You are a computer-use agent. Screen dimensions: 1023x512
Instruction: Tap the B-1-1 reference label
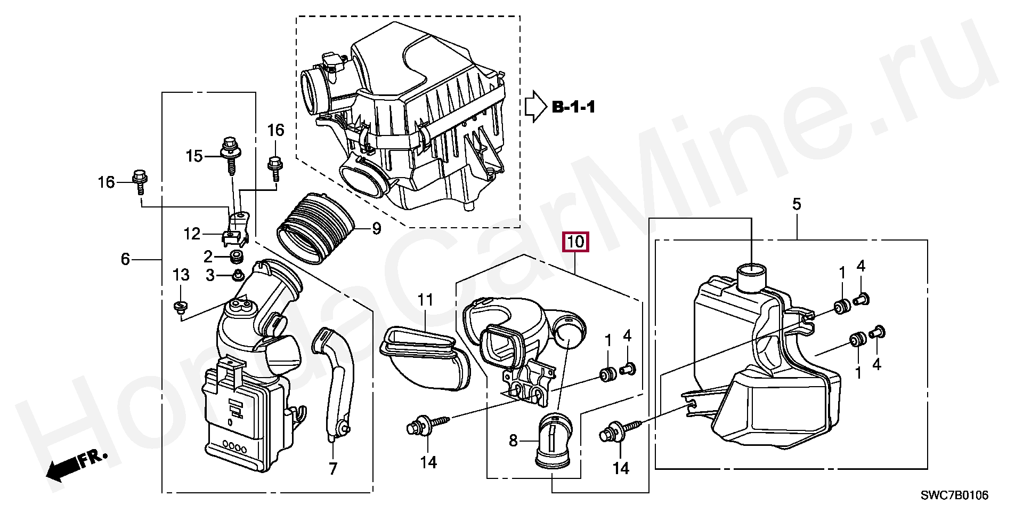(573, 107)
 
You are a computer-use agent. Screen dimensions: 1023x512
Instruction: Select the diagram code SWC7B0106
(954, 495)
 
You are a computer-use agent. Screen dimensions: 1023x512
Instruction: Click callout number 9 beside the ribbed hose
(376, 229)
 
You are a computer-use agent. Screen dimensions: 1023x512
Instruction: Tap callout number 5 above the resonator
(797, 204)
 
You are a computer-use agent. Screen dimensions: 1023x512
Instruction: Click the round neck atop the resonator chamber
(751, 278)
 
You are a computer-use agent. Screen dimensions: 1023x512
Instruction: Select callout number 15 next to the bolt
(194, 156)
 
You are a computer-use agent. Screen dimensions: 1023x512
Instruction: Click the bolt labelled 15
(230, 155)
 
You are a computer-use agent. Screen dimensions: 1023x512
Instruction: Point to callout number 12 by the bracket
(192, 234)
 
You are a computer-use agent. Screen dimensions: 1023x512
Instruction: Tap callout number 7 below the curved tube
(333, 469)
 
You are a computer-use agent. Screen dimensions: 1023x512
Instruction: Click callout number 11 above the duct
(425, 300)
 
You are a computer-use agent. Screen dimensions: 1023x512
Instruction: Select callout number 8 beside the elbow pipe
(513, 441)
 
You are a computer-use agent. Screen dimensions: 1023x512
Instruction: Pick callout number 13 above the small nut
(181, 275)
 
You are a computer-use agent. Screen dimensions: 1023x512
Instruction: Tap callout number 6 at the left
(125, 259)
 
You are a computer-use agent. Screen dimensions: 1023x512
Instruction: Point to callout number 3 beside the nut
(210, 276)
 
